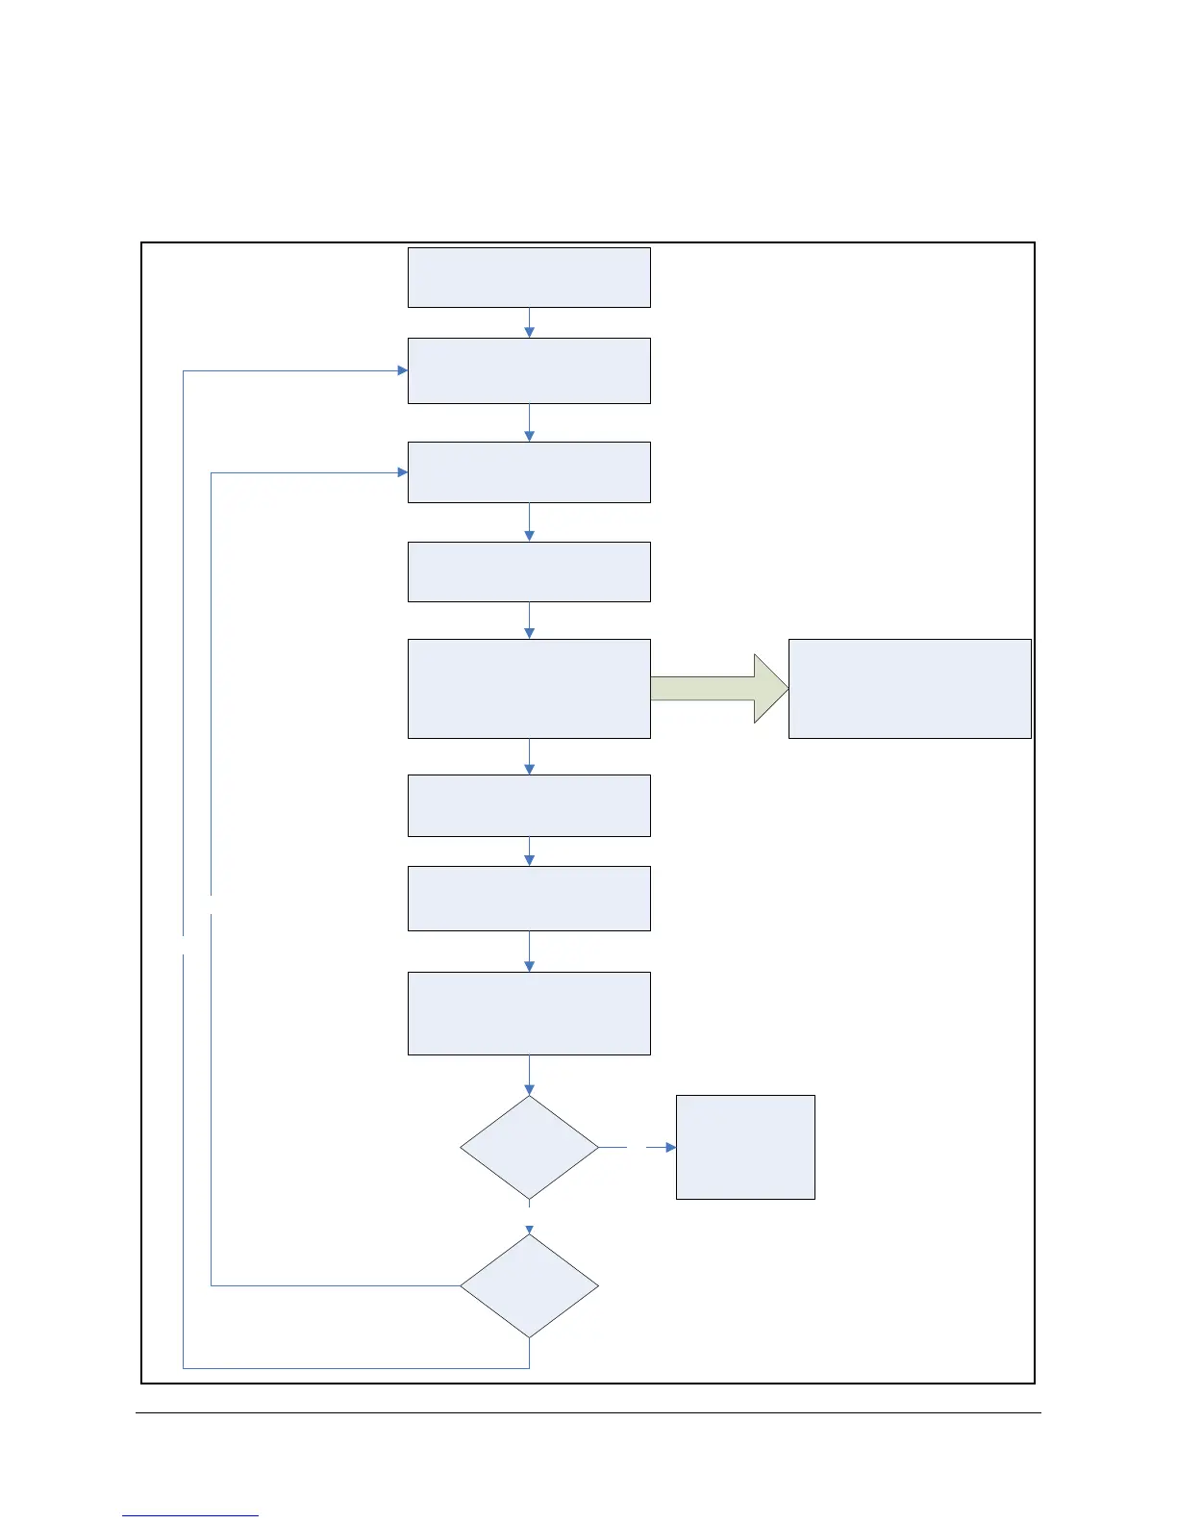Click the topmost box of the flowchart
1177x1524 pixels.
[529, 278]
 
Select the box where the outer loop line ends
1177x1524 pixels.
[529, 370]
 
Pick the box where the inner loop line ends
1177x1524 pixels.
[529, 472]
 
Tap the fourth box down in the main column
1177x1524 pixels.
[529, 571]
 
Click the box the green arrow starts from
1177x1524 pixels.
[529, 689]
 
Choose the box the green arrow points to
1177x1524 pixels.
[910, 689]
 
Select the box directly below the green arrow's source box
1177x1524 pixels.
[529, 805]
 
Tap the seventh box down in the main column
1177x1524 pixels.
[529, 898]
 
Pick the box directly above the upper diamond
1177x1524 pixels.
[529, 1013]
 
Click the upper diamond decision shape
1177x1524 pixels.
[529, 1147]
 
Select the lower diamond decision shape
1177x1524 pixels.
[529, 1285]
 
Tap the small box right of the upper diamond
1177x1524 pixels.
[745, 1147]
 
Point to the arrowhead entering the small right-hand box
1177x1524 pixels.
[670, 1147]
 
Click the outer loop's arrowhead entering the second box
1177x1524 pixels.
[402, 370]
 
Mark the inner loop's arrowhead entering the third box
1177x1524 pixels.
[402, 472]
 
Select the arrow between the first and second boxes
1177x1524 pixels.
[529, 323]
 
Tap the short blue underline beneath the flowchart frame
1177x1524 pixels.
[190, 1515]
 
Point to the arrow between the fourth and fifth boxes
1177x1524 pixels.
[529, 621]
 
